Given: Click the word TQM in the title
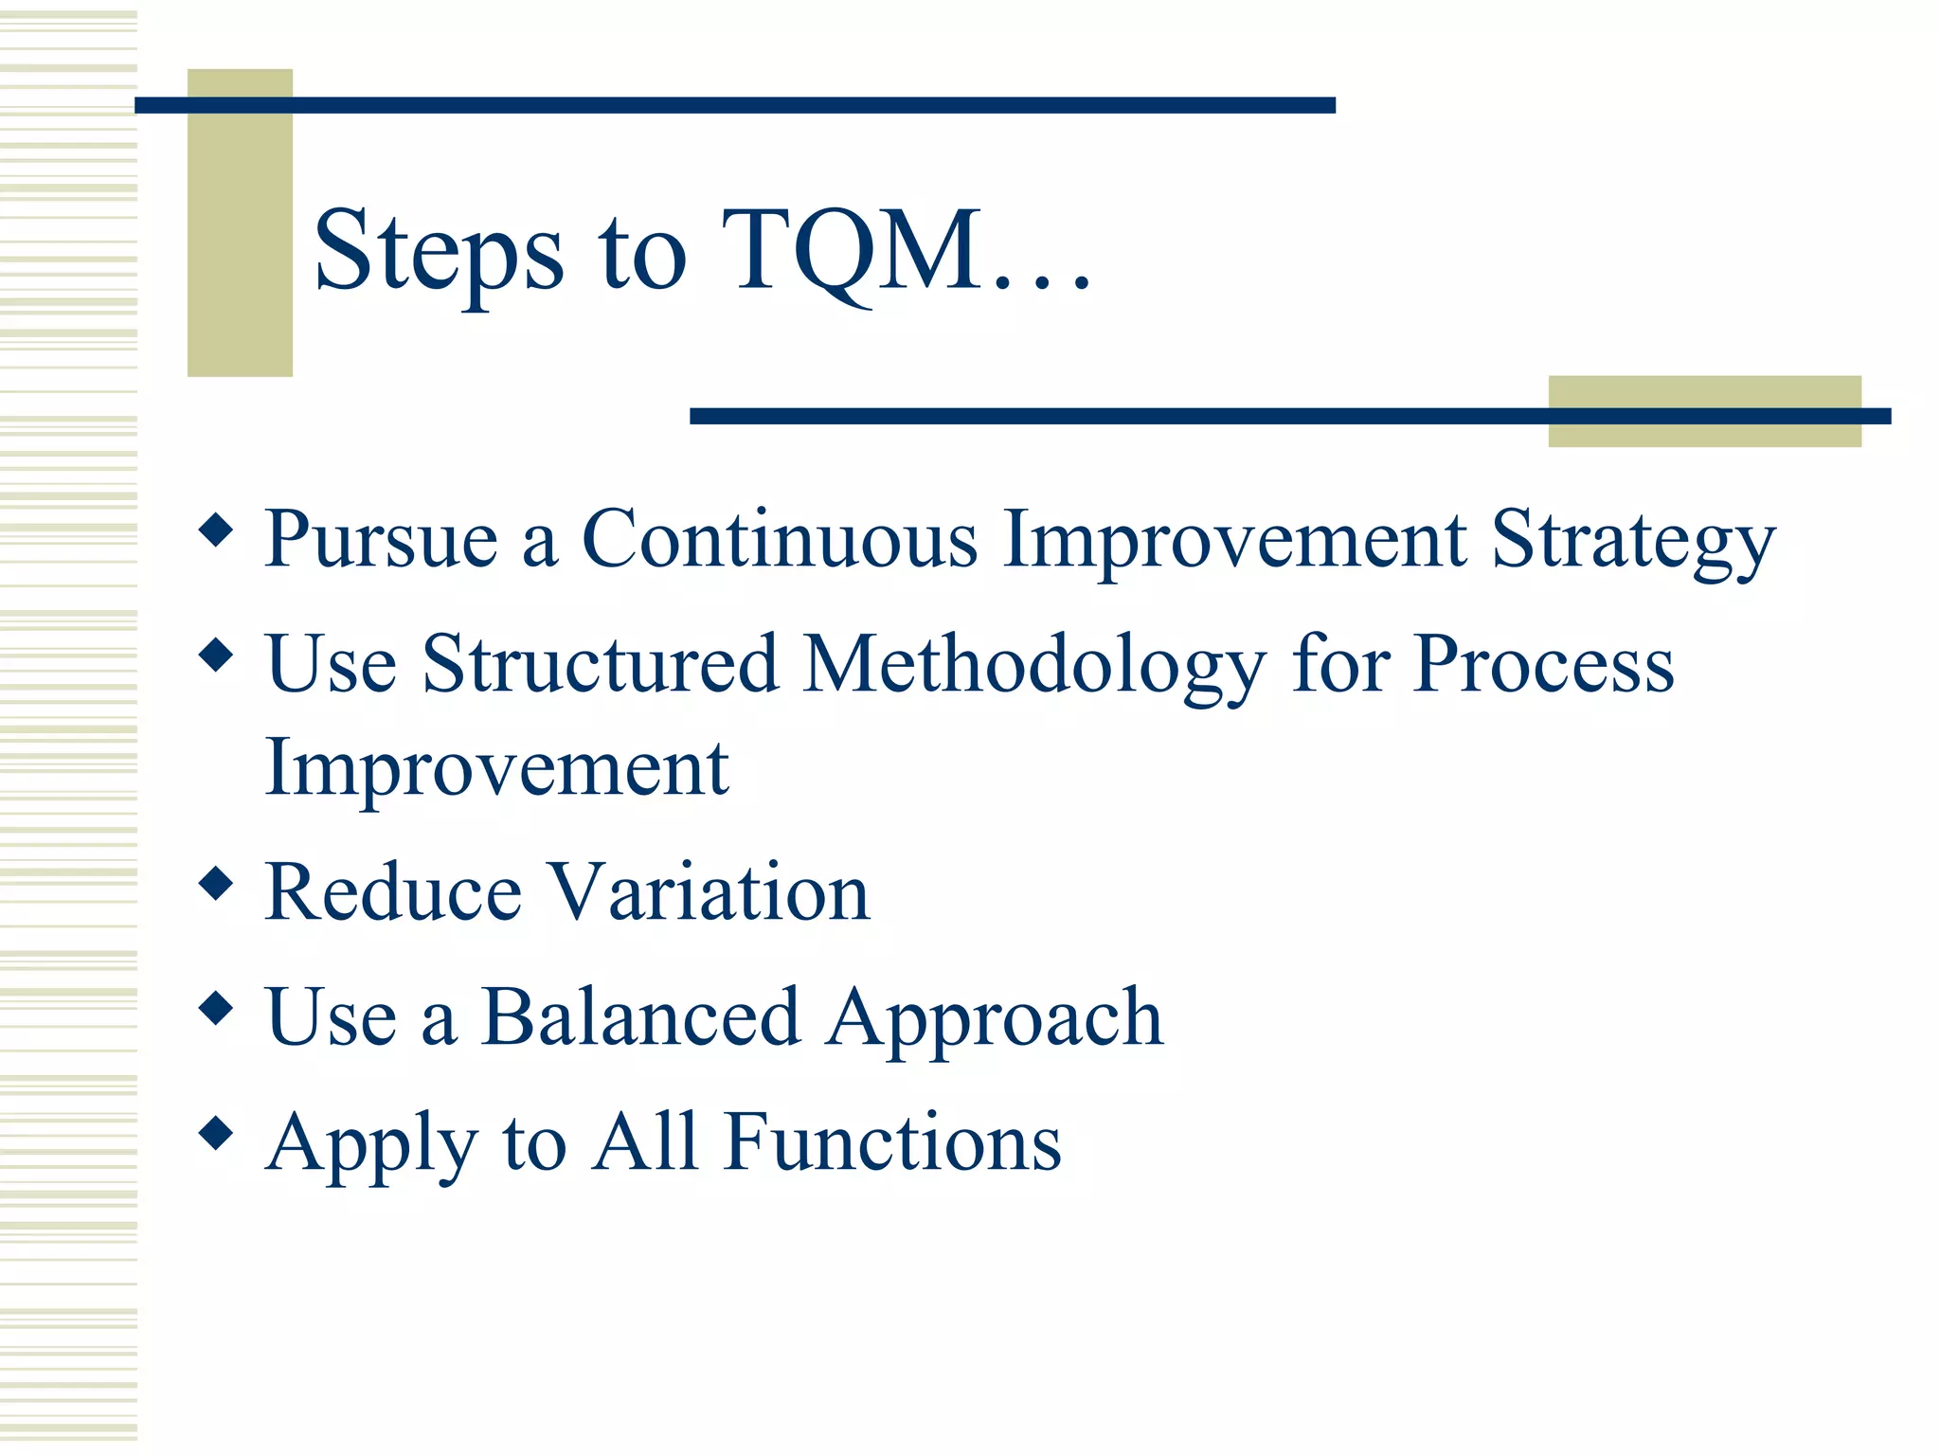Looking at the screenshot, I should [x=853, y=251].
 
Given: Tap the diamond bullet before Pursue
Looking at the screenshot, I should [x=217, y=530].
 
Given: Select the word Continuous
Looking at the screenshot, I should [x=779, y=539].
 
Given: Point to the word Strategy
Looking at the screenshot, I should [x=1633, y=542].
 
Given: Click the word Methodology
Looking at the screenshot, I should [x=1033, y=665].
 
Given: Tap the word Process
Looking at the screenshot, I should [x=1543, y=665].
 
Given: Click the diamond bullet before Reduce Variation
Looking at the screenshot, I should [x=217, y=883].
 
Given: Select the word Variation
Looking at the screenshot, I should [x=710, y=892].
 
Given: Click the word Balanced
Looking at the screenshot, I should [x=640, y=1017].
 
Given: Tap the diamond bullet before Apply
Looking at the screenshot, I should [x=217, y=1132].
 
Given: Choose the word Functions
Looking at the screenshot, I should [x=892, y=1142].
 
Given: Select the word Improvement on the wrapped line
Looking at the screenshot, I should [x=497, y=768].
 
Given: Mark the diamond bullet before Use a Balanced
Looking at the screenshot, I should [x=217, y=1008].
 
